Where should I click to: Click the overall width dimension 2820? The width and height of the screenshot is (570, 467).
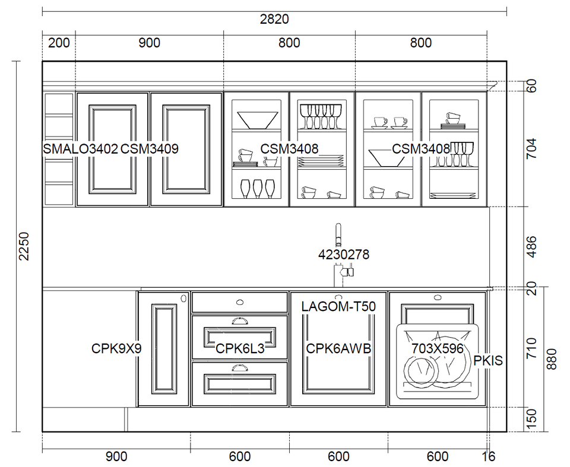[274, 20]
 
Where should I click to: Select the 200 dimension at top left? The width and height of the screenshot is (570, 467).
[59, 43]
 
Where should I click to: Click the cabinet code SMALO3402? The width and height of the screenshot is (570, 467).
[80, 148]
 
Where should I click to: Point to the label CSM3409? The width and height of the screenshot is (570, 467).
[150, 148]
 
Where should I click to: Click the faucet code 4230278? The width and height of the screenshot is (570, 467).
[344, 255]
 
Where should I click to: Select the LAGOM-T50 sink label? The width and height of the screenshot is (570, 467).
[338, 307]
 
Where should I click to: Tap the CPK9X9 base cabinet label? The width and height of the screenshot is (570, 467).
[116, 349]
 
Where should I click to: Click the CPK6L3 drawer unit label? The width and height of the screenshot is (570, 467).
[240, 349]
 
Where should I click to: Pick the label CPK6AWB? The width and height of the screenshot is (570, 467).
[338, 349]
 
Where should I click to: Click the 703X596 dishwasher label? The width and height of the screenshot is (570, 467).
[438, 349]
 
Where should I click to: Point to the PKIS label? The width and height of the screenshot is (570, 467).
[488, 360]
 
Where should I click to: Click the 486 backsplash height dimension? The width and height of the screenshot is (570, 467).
[531, 247]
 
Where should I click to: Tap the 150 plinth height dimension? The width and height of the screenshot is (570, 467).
[531, 420]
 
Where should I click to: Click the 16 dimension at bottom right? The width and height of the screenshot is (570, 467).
[489, 456]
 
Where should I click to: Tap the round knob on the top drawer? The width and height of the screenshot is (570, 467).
[240, 302]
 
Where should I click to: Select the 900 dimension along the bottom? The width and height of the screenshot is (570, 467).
[116, 456]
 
